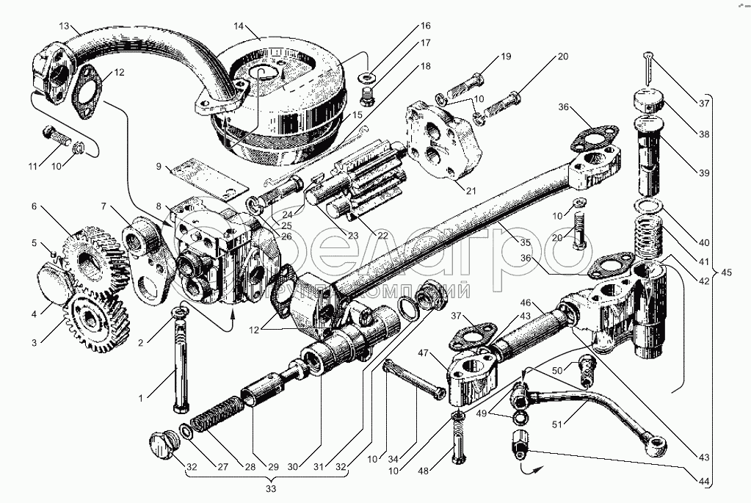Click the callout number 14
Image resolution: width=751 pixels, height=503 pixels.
pyautogui.click(x=239, y=27)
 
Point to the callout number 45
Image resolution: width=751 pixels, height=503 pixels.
pyautogui.click(x=725, y=273)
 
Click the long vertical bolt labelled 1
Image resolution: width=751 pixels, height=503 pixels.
pyautogui.click(x=178, y=363)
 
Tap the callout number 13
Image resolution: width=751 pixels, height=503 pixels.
pyautogui.click(x=65, y=27)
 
